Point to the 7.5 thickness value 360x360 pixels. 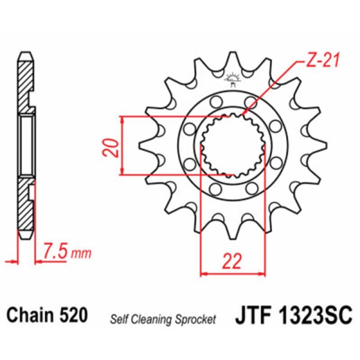point(55,252)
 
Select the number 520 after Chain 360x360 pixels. point(74,315)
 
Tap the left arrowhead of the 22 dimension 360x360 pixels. point(203,274)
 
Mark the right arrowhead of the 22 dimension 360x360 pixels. point(262,274)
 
